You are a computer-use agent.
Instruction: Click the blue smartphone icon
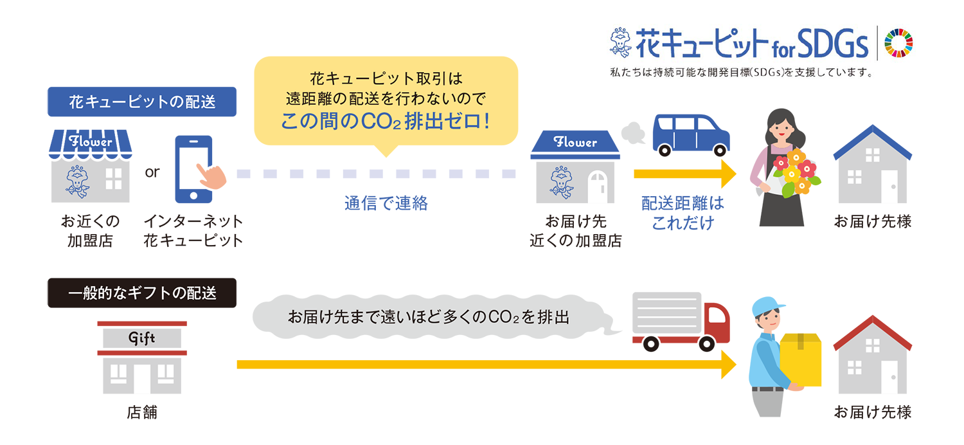[193, 169]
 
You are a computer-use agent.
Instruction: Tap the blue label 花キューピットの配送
[142, 102]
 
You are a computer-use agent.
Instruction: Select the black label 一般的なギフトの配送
[142, 293]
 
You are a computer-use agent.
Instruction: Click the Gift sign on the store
[142, 338]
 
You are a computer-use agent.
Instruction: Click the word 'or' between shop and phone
[152, 173]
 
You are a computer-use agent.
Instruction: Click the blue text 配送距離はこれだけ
[683, 213]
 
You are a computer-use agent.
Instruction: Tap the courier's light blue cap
[770, 304]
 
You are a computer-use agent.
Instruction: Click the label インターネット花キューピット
[193, 231]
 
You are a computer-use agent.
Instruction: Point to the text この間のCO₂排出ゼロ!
[386, 121]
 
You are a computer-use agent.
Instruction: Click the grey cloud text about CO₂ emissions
[428, 317]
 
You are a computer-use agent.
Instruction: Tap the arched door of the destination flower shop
[597, 186]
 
